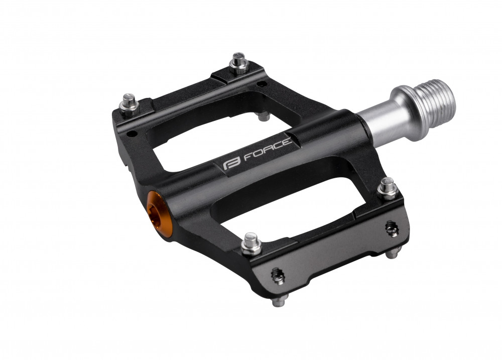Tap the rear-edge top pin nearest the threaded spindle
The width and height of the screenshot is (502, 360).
[x=239, y=63]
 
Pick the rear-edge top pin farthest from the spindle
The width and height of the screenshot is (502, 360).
[x=130, y=104]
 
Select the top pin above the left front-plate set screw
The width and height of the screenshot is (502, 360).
[x=251, y=244]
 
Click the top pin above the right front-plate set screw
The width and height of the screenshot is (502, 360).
[x=388, y=189]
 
